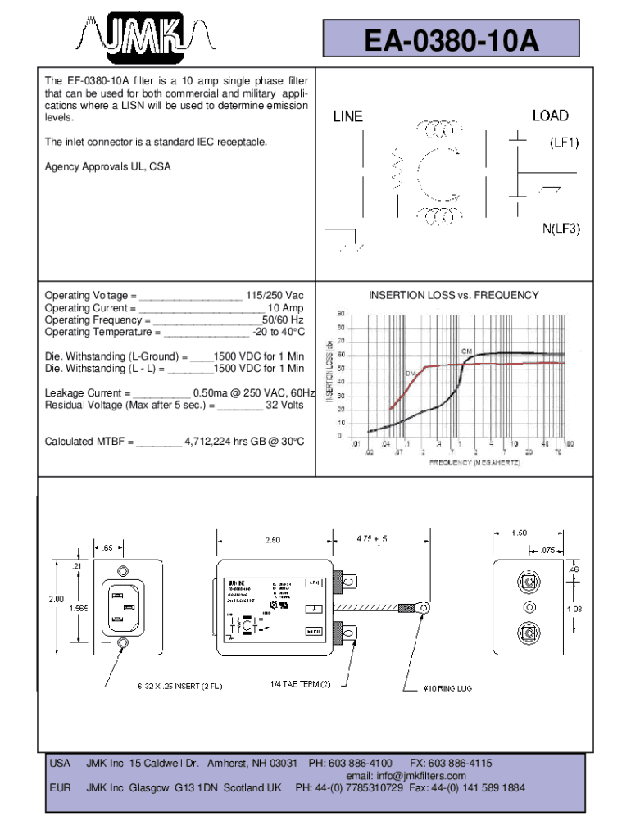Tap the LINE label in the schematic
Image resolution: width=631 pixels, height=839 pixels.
(347, 117)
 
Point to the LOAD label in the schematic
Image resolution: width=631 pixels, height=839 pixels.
(550, 116)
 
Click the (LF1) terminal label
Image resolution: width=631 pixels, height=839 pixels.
(564, 143)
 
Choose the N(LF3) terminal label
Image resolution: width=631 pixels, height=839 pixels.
(561, 229)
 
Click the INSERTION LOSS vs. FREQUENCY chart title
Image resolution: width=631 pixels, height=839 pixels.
(453, 295)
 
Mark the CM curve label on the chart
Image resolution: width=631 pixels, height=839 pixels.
(466, 351)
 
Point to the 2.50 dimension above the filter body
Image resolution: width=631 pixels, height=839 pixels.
(272, 540)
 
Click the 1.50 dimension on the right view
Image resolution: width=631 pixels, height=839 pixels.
(519, 533)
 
